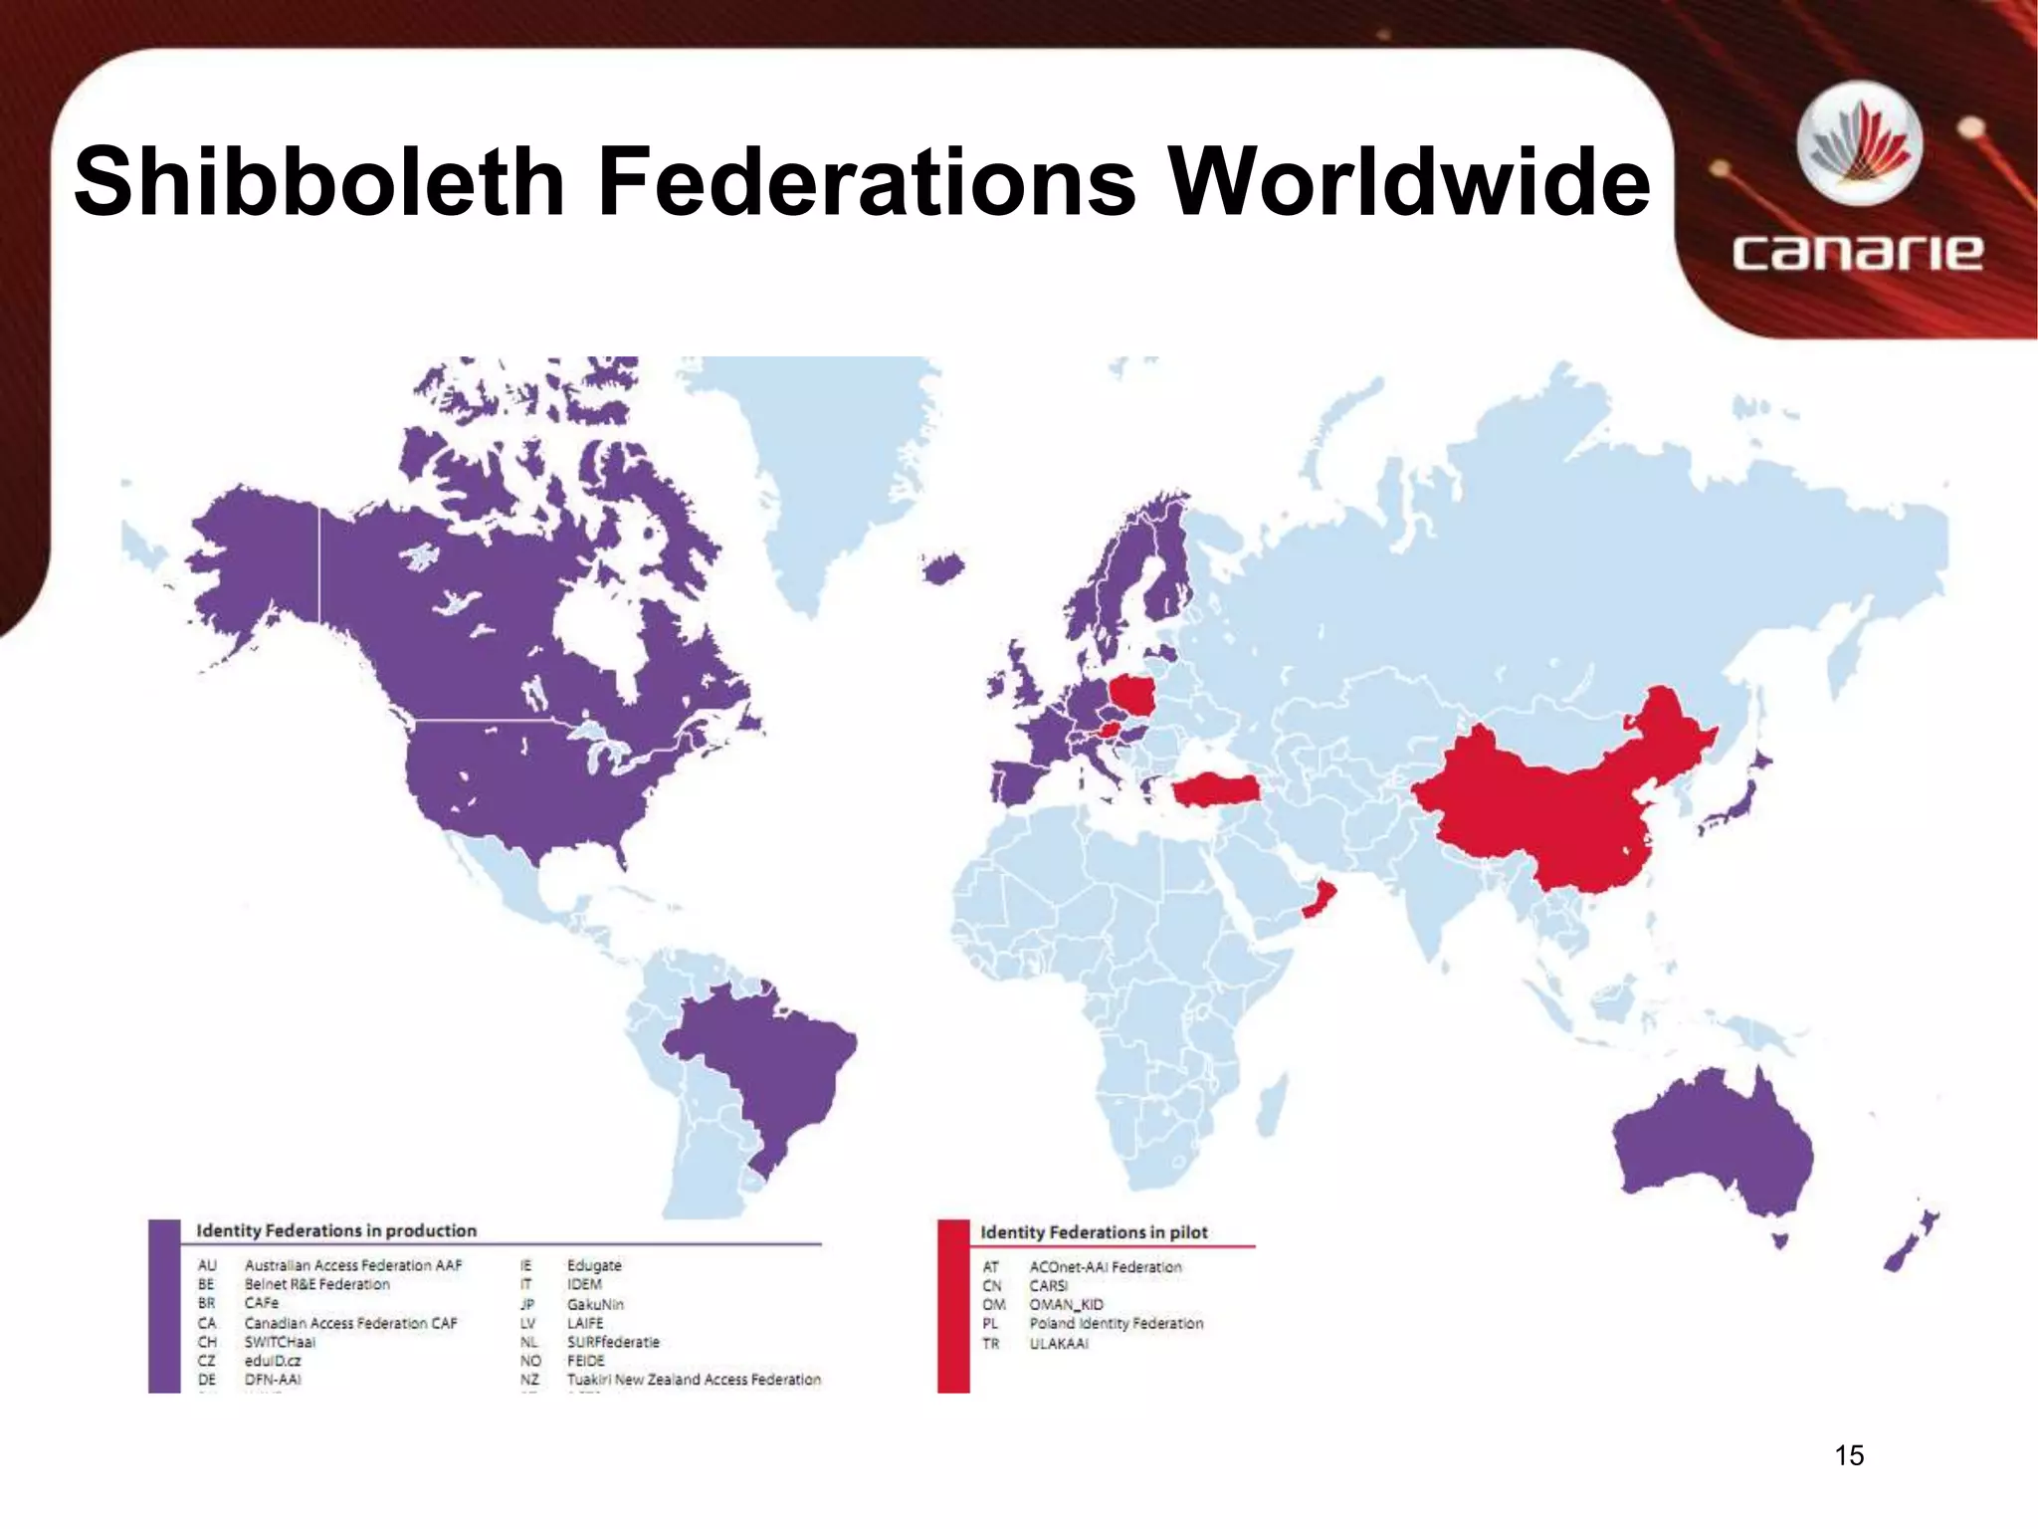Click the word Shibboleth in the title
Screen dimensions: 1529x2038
click(318, 181)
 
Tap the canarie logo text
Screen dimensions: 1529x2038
click(1857, 253)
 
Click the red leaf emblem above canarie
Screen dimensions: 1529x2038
click(1859, 149)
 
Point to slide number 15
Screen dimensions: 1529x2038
click(1848, 1455)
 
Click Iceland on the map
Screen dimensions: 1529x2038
click(942, 569)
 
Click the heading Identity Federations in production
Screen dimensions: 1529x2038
click(336, 1230)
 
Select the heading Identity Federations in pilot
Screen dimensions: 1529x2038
click(1094, 1232)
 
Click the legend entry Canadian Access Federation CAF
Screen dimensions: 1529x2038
click(350, 1323)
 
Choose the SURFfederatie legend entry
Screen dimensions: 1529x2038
click(613, 1342)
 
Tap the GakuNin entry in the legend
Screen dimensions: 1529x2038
click(595, 1304)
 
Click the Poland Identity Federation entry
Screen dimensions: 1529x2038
click(1116, 1324)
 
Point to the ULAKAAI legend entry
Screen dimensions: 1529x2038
click(1059, 1344)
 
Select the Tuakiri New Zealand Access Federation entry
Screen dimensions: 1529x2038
click(694, 1380)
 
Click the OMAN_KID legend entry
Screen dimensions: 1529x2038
click(1066, 1305)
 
